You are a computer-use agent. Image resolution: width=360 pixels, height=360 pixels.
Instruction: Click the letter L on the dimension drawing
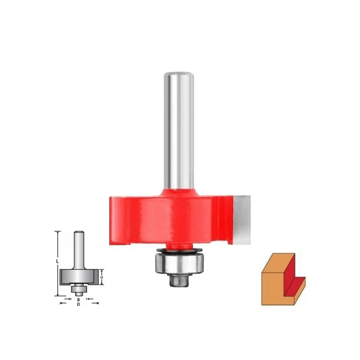pyautogui.click(x=58, y=261)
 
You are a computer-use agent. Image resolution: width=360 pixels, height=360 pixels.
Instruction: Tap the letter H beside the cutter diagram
pyautogui.click(x=102, y=277)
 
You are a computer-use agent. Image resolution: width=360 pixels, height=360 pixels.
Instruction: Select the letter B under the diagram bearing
pyautogui.click(x=78, y=300)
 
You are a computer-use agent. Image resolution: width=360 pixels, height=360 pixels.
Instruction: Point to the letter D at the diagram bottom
pyautogui.click(x=78, y=305)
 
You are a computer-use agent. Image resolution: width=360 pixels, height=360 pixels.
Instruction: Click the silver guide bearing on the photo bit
pyautogui.click(x=179, y=263)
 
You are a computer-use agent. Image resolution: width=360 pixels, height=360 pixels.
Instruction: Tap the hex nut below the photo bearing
pyautogui.click(x=179, y=281)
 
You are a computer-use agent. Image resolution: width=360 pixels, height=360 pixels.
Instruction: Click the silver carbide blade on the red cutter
pyautogui.click(x=242, y=220)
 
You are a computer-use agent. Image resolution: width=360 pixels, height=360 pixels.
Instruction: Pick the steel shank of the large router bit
pyautogui.click(x=179, y=131)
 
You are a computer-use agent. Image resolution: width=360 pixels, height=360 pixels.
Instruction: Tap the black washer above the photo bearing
pyautogui.click(x=179, y=251)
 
